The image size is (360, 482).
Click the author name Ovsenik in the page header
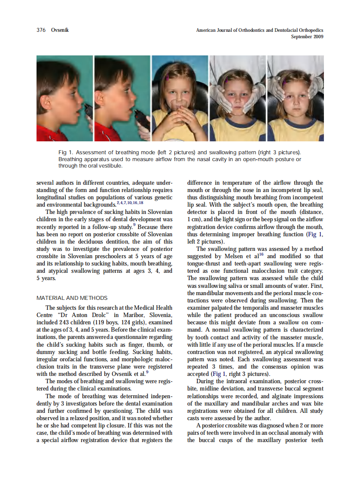pyautogui.click(x=60, y=30)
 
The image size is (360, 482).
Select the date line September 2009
pyautogui.click(x=307, y=37)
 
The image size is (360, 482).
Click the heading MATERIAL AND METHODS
pyautogui.click(x=72, y=298)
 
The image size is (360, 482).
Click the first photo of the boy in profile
pyautogui.click(x=64, y=98)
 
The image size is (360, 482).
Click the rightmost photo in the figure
pyautogui.click(x=296, y=98)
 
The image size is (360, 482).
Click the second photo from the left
pyautogui.click(x=122, y=98)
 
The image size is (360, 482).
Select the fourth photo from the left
pyautogui.click(x=237, y=98)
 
